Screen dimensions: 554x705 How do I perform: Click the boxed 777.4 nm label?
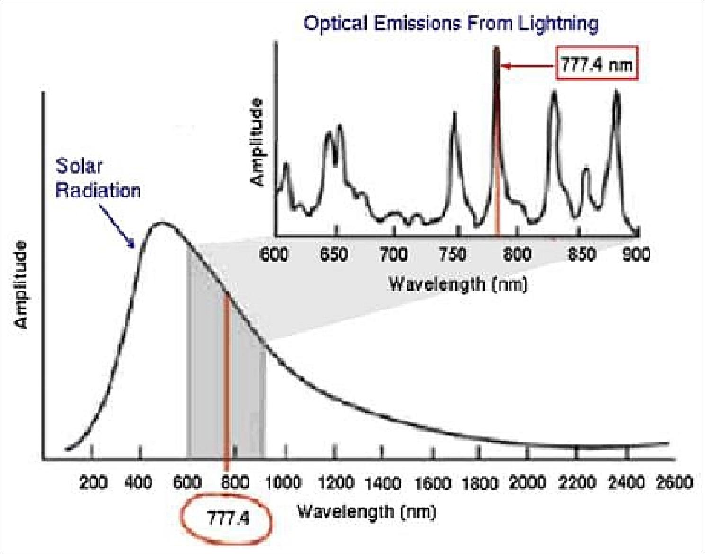596,64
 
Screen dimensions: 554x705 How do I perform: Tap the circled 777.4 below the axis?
228,519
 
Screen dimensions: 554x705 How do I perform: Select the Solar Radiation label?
98,179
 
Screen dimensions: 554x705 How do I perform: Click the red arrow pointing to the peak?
528,66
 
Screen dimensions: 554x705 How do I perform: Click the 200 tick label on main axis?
93,482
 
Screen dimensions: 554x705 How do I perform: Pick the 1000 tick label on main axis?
282,482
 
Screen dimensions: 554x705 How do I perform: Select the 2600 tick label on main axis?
674,482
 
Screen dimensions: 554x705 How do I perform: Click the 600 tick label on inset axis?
275,254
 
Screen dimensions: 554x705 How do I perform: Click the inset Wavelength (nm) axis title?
457,284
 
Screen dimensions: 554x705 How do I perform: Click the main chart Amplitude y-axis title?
21,285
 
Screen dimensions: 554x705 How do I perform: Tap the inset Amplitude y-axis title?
257,142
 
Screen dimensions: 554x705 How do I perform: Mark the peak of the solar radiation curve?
161,223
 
